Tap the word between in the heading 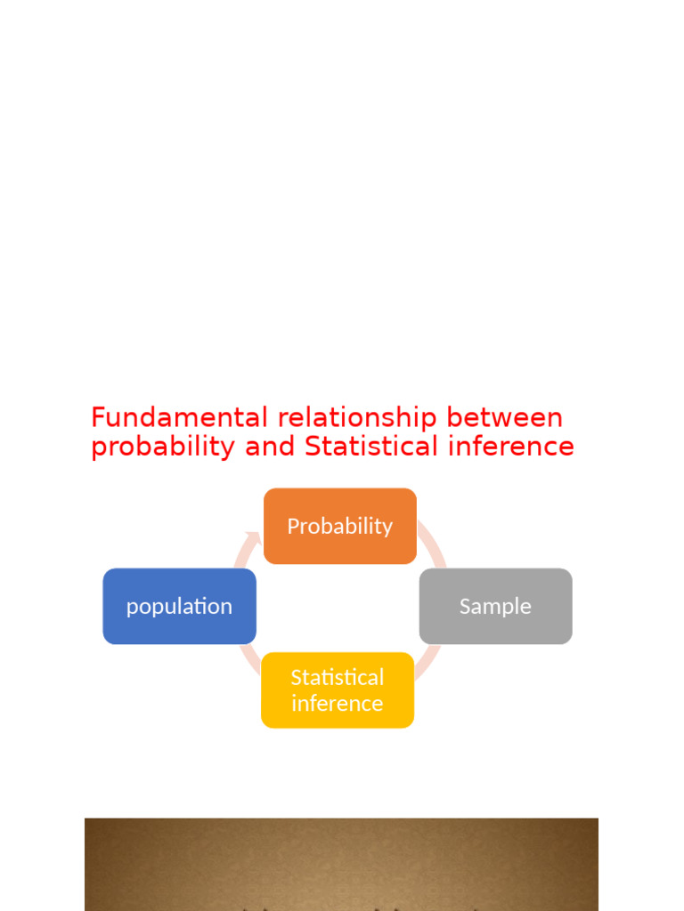click(505, 417)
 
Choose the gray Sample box click(495, 606)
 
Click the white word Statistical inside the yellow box click(338, 677)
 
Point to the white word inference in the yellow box click(338, 703)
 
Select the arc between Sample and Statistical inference click(428, 663)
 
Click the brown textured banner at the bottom click(341, 863)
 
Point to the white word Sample click(495, 606)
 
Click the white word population click(179, 606)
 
